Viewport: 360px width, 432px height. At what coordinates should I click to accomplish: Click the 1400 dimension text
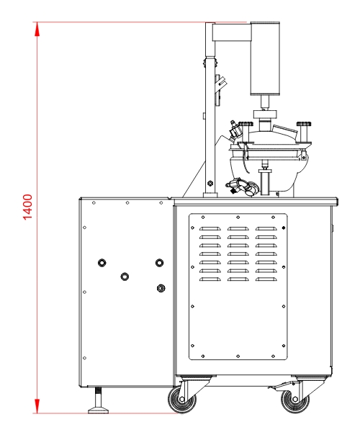[x=28, y=207]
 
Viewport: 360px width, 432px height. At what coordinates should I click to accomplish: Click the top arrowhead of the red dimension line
[x=37, y=29]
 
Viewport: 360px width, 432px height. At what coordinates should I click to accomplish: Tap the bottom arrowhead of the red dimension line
[x=37, y=406]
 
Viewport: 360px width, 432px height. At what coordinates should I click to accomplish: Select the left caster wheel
[x=182, y=400]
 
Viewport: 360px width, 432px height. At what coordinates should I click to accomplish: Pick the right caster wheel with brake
[x=295, y=400]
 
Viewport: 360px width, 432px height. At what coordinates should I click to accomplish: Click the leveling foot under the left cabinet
[x=99, y=401]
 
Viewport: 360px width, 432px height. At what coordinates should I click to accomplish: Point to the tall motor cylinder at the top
[x=265, y=59]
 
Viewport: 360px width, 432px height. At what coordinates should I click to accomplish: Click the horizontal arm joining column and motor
[x=231, y=32]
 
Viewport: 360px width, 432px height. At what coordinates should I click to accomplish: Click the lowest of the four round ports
[x=161, y=288]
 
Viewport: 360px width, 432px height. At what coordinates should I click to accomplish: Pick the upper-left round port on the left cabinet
[x=102, y=263]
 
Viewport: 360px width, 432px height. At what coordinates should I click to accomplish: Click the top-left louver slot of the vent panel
[x=210, y=229]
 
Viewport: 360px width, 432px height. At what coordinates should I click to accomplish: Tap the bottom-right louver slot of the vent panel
[x=266, y=279]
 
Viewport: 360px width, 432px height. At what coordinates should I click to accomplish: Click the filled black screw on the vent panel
[x=284, y=228]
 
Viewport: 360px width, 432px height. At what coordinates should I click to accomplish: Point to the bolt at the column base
[x=210, y=183]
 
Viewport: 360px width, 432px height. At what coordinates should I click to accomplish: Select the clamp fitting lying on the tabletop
[x=243, y=187]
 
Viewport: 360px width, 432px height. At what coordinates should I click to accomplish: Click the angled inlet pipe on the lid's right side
[x=285, y=132]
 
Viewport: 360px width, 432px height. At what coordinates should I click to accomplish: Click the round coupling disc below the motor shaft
[x=265, y=114]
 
